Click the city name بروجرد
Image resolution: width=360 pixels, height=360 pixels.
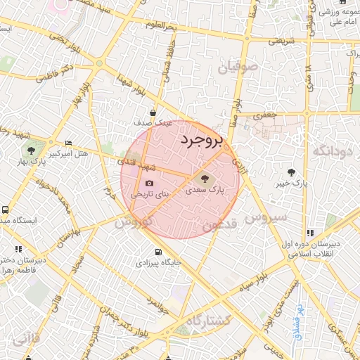pos(201,140)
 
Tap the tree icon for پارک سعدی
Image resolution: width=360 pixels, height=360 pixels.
pos(205,179)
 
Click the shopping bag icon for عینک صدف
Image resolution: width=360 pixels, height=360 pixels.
pos(153,112)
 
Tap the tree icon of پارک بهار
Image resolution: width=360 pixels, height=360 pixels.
pos(31,150)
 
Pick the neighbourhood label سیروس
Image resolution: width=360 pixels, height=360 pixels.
pos(266,217)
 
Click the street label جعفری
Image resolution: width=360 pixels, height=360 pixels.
pos(264,114)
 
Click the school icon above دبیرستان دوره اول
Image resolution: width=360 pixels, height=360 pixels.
pos(310,233)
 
